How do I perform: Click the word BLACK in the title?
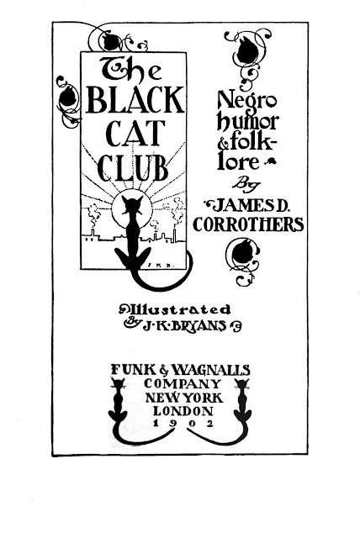click(x=135, y=101)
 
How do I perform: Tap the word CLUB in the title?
click(x=133, y=168)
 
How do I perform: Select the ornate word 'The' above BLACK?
click(x=130, y=69)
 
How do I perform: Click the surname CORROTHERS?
click(x=248, y=224)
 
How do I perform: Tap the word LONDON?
click(x=183, y=411)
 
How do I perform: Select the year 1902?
click(x=183, y=423)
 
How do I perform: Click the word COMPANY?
click(x=183, y=383)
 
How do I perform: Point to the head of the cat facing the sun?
click(x=132, y=205)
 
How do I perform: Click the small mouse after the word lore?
click(x=271, y=162)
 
